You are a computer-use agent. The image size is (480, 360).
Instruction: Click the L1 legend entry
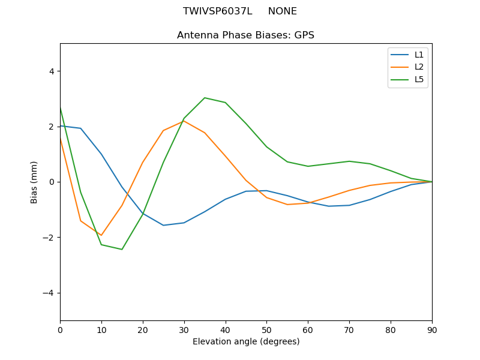[419, 55]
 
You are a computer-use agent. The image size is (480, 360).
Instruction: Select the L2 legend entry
[419, 67]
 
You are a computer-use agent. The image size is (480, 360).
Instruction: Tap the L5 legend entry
[419, 79]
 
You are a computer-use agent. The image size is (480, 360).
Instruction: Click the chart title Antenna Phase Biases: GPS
[245, 35]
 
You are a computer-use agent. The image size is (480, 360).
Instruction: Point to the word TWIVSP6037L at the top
[217, 11]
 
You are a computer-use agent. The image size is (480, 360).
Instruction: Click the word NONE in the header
[282, 11]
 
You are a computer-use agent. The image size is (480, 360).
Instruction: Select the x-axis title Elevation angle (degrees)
[245, 342]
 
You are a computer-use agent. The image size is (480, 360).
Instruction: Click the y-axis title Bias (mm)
[34, 182]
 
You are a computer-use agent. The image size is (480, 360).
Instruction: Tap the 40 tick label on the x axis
[225, 329]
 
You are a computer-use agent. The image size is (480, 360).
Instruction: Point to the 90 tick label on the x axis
[432, 329]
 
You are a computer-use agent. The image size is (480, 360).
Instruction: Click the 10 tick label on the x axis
[101, 329]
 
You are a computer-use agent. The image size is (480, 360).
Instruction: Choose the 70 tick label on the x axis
[349, 329]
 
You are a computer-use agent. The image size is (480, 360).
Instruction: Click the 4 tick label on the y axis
[51, 71]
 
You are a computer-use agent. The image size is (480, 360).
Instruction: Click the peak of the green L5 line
[205, 98]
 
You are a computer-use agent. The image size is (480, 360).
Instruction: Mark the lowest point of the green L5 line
[122, 250]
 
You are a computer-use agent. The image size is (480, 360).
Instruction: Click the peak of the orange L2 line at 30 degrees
[184, 121]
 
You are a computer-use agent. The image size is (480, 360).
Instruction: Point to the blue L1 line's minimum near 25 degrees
[163, 226]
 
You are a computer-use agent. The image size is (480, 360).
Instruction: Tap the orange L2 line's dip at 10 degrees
[101, 235]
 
